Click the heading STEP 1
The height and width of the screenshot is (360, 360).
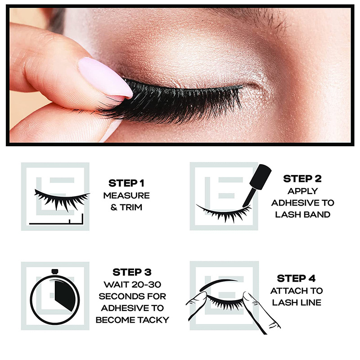(x=126, y=183)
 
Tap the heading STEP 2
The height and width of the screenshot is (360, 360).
(x=302, y=179)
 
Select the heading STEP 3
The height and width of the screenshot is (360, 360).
(x=132, y=272)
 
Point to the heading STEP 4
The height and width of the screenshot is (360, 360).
(x=296, y=278)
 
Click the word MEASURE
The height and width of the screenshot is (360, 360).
(x=126, y=196)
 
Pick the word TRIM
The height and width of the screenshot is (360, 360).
(x=131, y=207)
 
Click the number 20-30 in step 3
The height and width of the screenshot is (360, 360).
(x=147, y=284)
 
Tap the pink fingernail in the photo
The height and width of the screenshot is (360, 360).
(x=106, y=77)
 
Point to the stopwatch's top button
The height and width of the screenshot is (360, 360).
(x=54, y=272)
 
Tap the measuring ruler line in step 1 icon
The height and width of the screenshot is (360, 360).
(x=56, y=222)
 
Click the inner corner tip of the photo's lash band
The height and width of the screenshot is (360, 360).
(x=242, y=86)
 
